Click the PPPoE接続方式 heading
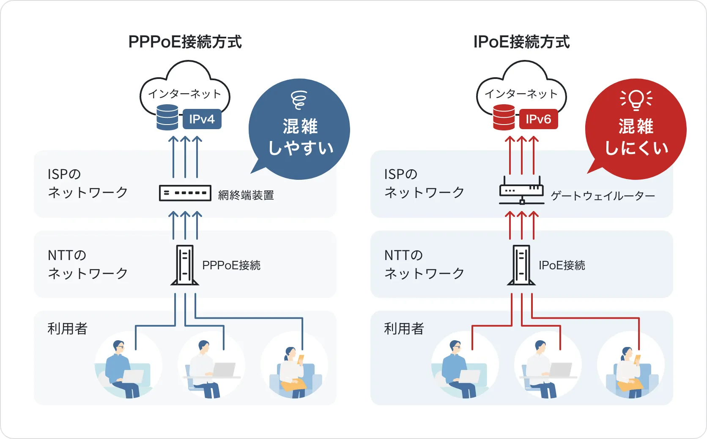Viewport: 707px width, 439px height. pyautogui.click(x=185, y=42)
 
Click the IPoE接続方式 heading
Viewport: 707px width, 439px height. pyautogui.click(x=521, y=42)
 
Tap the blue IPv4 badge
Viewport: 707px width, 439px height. pyautogui.click(x=202, y=119)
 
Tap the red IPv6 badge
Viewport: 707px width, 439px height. pyautogui.click(x=538, y=119)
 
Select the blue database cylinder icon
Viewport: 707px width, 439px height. pyautogui.click(x=167, y=117)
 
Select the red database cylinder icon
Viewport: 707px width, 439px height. pyautogui.click(x=504, y=117)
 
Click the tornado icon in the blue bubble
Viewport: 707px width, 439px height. pyautogui.click(x=299, y=99)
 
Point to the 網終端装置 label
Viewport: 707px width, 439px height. pyautogui.click(x=246, y=195)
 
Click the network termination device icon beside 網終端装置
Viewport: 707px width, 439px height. pyautogui.click(x=185, y=193)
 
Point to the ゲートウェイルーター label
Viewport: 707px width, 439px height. pyautogui.click(x=603, y=195)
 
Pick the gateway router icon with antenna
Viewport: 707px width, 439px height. pyautogui.click(x=521, y=191)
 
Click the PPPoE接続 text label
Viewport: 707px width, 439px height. pyautogui.click(x=231, y=265)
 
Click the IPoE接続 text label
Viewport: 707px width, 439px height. pyautogui.click(x=562, y=265)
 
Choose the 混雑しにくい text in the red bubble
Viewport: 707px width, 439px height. pyautogui.click(x=636, y=137)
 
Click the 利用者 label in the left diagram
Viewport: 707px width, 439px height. pyautogui.click(x=67, y=328)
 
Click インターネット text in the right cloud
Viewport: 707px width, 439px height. pyautogui.click(x=521, y=94)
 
